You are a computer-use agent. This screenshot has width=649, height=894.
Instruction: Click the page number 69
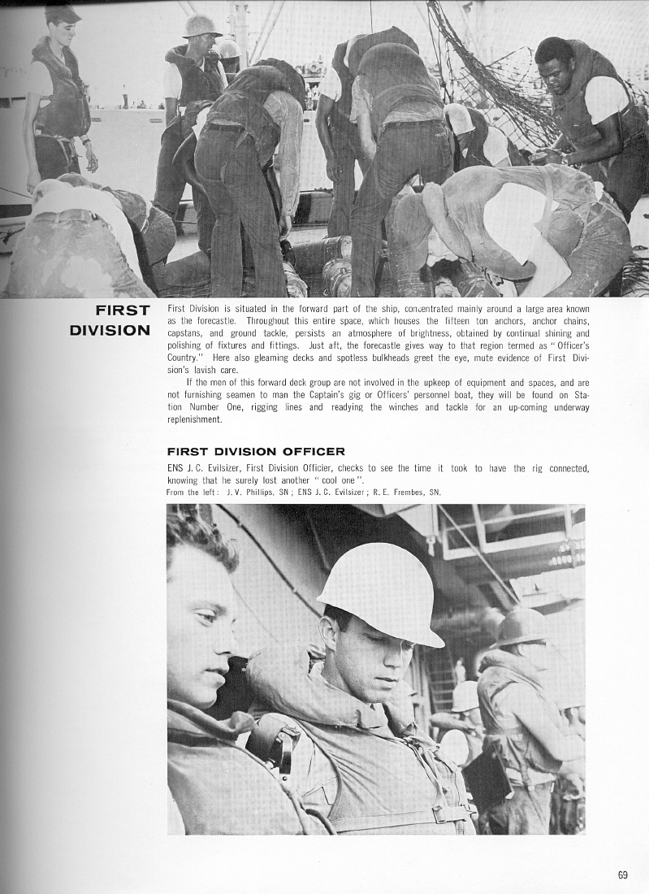622,875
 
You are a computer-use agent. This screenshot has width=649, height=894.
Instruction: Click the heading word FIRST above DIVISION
122,311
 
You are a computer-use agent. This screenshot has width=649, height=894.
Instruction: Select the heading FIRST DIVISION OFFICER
256,451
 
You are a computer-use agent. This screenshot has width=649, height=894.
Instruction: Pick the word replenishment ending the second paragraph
194,419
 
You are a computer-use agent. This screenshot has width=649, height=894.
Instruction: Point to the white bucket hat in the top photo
201,27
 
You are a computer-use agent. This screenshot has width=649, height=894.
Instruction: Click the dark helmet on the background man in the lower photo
520,626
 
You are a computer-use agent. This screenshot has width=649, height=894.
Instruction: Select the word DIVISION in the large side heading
110,331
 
